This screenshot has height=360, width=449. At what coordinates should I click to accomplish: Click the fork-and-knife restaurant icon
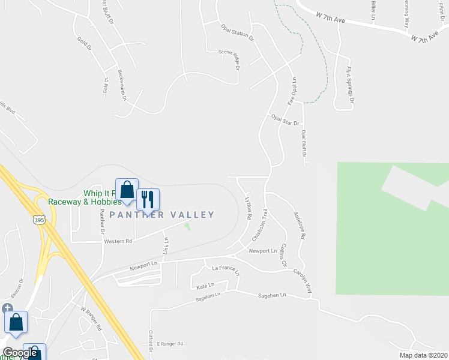(x=148, y=199)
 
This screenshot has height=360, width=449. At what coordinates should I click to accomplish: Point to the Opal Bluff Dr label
(x=304, y=144)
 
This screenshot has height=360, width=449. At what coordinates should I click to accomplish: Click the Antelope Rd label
(x=298, y=225)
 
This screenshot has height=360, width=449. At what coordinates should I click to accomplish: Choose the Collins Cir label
(x=285, y=257)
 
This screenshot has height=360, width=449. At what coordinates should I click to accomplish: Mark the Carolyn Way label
(x=303, y=279)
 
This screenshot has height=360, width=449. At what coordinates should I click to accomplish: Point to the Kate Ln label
(x=205, y=287)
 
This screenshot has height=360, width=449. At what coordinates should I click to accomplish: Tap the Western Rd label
(x=118, y=241)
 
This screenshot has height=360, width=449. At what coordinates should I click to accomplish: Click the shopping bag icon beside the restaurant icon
(x=127, y=190)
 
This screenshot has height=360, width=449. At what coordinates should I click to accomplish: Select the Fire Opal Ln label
(x=293, y=91)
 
